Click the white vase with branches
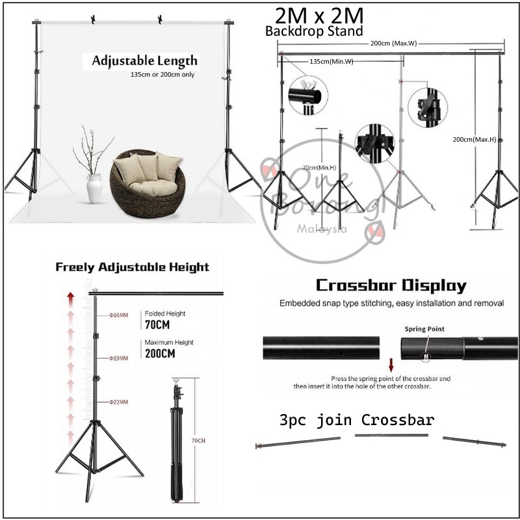point(95,181)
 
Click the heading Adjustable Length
point(144,61)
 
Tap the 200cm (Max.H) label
point(474,139)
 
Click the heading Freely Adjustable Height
point(132,267)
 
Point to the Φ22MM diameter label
point(118,402)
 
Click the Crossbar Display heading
point(390,286)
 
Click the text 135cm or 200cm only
point(162,75)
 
